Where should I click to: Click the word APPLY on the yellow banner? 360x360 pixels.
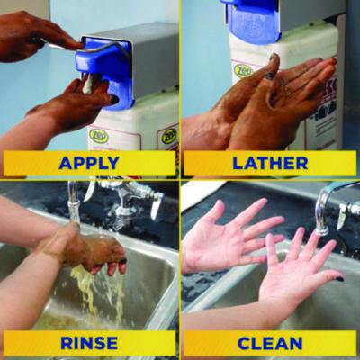[x=88, y=163]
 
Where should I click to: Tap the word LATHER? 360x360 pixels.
[x=270, y=163]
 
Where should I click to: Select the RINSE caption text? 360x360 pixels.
[x=88, y=343]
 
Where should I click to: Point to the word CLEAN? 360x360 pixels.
[x=270, y=343]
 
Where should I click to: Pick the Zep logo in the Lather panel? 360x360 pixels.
[x=244, y=69]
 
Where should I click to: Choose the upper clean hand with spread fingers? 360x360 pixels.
[x=229, y=238]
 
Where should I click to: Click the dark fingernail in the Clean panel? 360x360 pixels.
[x=339, y=278]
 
